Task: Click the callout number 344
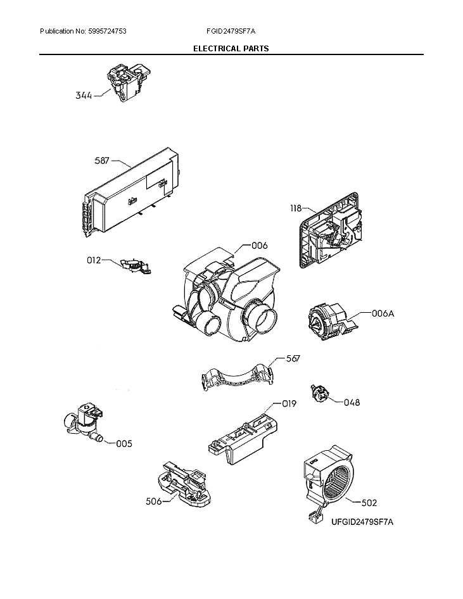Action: click(x=84, y=96)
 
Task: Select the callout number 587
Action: click(x=102, y=160)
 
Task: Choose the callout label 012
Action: click(x=94, y=260)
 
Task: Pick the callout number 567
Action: click(x=293, y=358)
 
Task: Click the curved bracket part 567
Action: click(x=237, y=377)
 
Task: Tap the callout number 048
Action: click(x=352, y=401)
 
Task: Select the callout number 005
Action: click(x=124, y=444)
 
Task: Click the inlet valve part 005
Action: click(x=84, y=422)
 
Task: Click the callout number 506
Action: click(x=153, y=501)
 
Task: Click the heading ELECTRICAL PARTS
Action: click(x=231, y=49)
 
